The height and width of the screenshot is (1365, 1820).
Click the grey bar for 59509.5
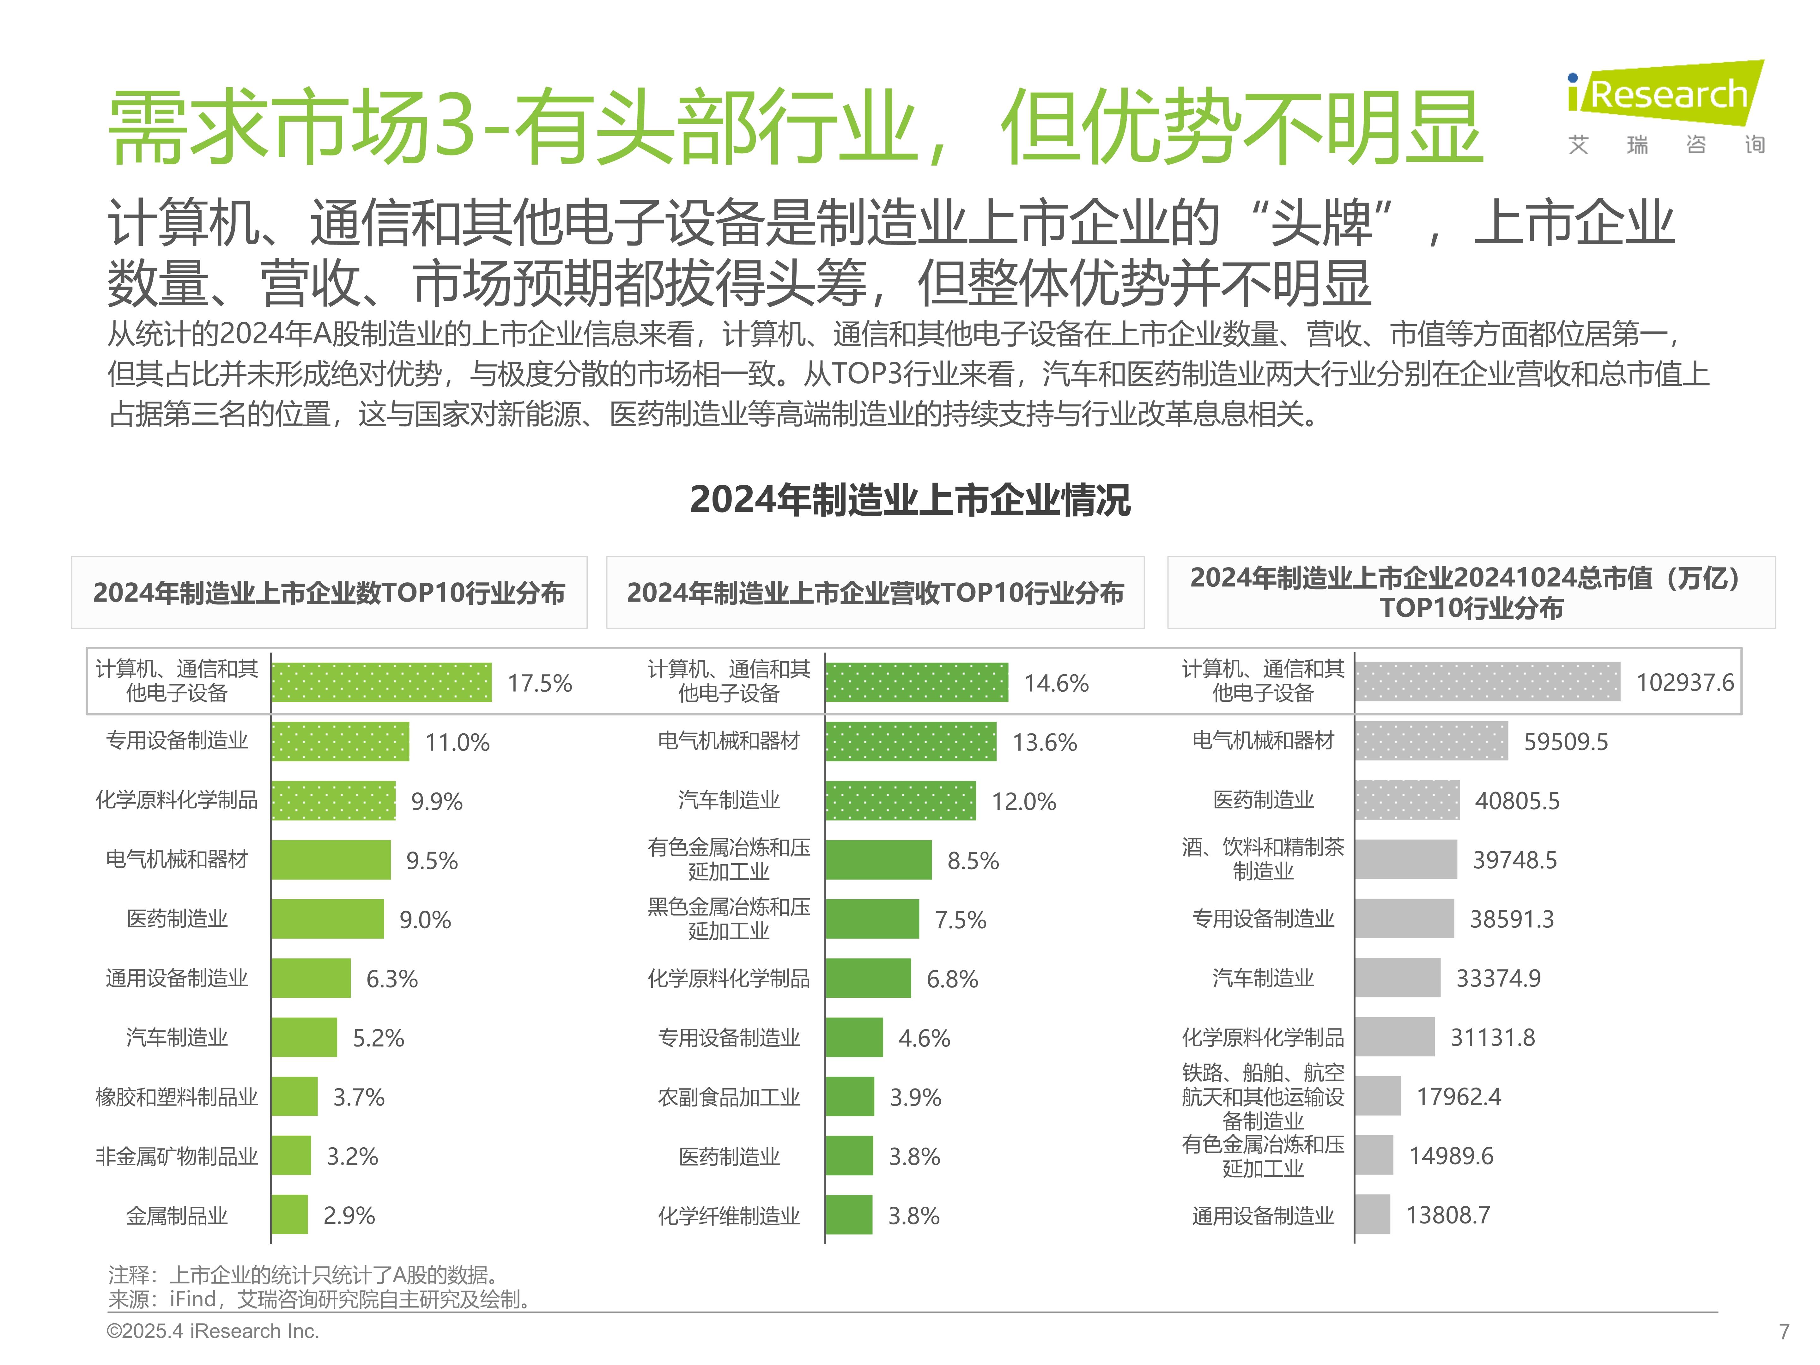(x=1432, y=741)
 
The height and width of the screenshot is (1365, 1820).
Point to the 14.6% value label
(x=1057, y=683)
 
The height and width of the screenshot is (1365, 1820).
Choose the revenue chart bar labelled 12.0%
(x=901, y=801)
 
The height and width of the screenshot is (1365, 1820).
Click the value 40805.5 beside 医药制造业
(x=1516, y=801)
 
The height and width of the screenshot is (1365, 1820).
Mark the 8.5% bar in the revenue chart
(x=879, y=860)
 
